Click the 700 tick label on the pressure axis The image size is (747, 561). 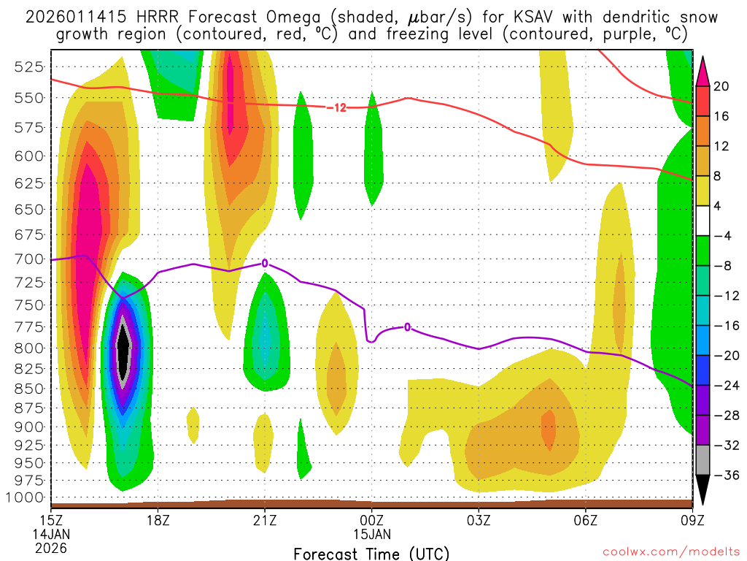click(x=27, y=259)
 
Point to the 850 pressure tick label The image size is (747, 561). click(x=27, y=388)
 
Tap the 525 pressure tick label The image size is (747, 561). click(x=27, y=67)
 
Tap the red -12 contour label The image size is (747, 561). click(x=336, y=107)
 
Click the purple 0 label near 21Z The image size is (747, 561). click(x=265, y=263)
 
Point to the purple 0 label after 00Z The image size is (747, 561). click(x=407, y=327)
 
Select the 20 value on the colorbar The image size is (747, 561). click(x=721, y=86)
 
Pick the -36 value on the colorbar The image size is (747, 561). click(x=721, y=476)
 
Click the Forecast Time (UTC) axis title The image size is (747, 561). click(x=371, y=553)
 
